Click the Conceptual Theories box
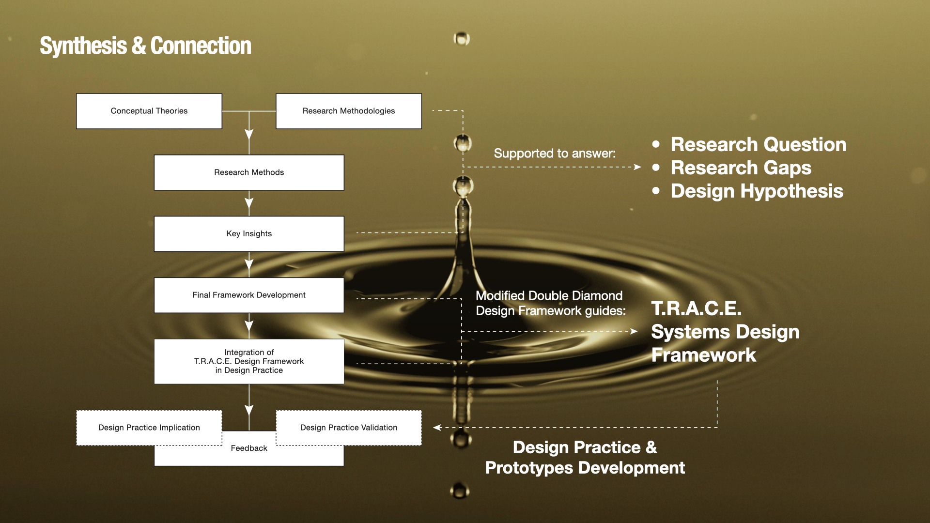coord(149,111)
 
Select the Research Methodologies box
coord(349,111)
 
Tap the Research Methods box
coord(249,172)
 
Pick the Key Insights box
coord(249,234)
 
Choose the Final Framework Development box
coord(249,295)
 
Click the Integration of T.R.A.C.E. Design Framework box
coord(249,361)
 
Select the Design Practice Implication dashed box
coord(149,428)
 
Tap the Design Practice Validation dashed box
coord(349,428)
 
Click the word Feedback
coord(249,448)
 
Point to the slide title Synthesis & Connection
coord(145,46)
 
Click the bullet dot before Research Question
coord(656,144)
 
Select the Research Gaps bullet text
coord(741,168)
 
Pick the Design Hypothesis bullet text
coord(757,191)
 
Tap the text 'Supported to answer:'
coord(555,154)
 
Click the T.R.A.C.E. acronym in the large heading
coord(696,308)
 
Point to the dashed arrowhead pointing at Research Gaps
coord(638,167)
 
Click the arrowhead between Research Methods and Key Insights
coord(249,204)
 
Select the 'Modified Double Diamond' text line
coord(549,295)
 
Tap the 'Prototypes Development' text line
coord(585,468)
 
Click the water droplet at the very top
coord(462,38)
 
